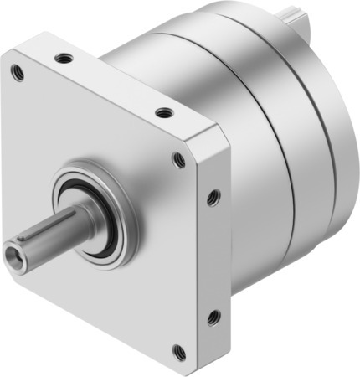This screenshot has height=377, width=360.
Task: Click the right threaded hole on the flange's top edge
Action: click(x=164, y=111)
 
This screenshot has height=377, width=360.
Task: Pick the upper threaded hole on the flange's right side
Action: click(x=213, y=198)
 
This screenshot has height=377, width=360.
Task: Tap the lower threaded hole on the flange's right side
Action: click(x=213, y=317)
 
